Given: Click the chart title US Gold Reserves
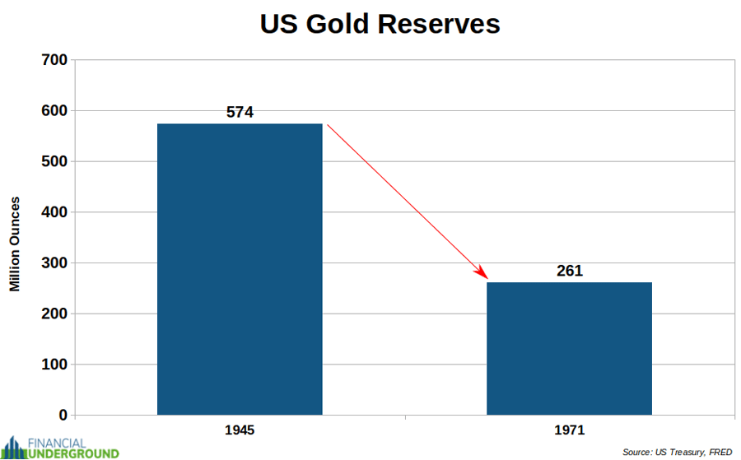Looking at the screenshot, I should (x=380, y=24).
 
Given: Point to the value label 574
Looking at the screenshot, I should (x=240, y=112).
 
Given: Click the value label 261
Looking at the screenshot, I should (x=569, y=271).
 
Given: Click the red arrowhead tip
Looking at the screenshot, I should (x=487, y=279).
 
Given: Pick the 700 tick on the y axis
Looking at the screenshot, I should (x=55, y=60).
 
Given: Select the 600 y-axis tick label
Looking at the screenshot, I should (x=55, y=111).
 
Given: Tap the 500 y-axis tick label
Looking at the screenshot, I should (x=55, y=161).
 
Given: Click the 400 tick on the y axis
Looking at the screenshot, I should (x=55, y=212).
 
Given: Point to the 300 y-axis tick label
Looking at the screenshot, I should (x=55, y=263).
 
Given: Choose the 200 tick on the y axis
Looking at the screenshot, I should (x=55, y=314).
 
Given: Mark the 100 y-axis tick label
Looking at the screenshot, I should (x=55, y=365).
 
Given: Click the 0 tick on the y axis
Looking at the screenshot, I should (x=63, y=416).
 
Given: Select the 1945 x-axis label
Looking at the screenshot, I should (x=240, y=430).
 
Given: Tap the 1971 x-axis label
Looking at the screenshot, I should (x=569, y=430).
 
